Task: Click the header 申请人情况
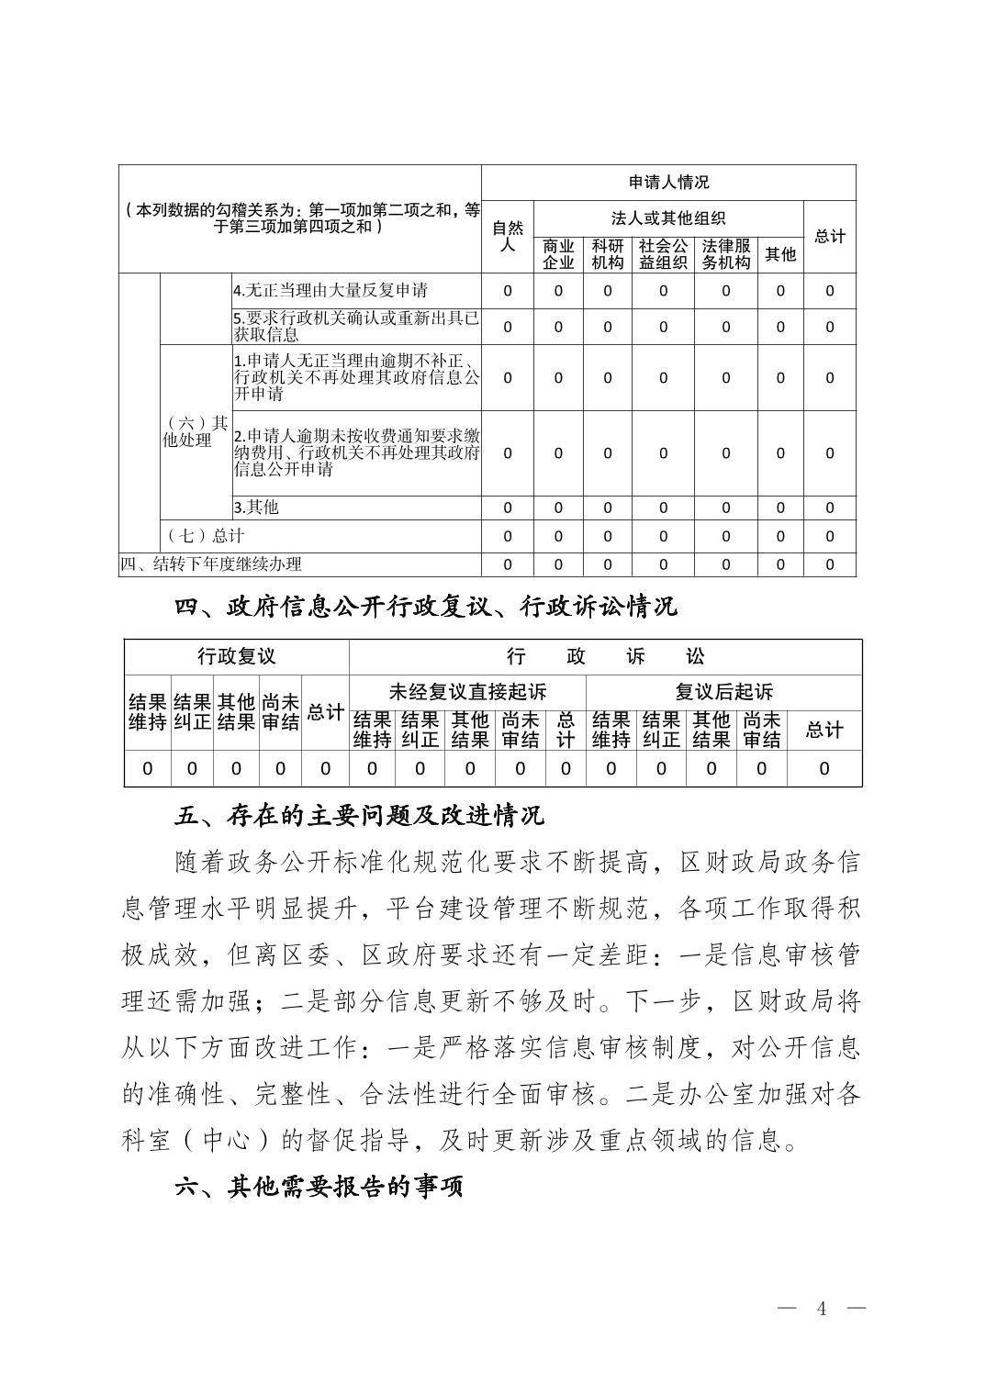point(668,183)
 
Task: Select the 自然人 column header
point(507,237)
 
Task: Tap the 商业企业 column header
point(557,254)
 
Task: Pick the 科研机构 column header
point(607,254)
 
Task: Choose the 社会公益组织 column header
point(663,254)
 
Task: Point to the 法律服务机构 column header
point(726,254)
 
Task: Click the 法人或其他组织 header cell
point(668,218)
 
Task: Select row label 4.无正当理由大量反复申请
point(331,291)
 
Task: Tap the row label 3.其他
point(256,508)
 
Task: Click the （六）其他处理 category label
point(196,431)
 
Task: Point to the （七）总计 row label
point(206,536)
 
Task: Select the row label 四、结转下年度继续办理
point(211,564)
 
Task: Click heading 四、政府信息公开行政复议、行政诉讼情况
point(426,607)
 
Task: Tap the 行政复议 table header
point(236,656)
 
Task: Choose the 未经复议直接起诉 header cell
point(467,692)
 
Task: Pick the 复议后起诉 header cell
point(723,692)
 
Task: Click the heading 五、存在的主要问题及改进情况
point(360,815)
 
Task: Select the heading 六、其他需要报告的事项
point(319,1187)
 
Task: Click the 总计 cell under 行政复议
point(325,712)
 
